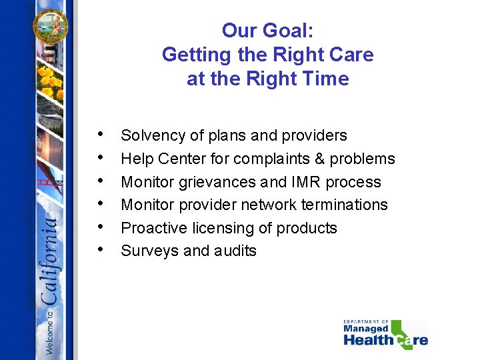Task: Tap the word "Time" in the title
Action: click(325, 79)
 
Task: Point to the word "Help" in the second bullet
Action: click(137, 159)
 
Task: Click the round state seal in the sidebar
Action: click(51, 25)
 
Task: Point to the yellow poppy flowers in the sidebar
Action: click(50, 83)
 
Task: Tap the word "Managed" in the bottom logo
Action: click(365, 328)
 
